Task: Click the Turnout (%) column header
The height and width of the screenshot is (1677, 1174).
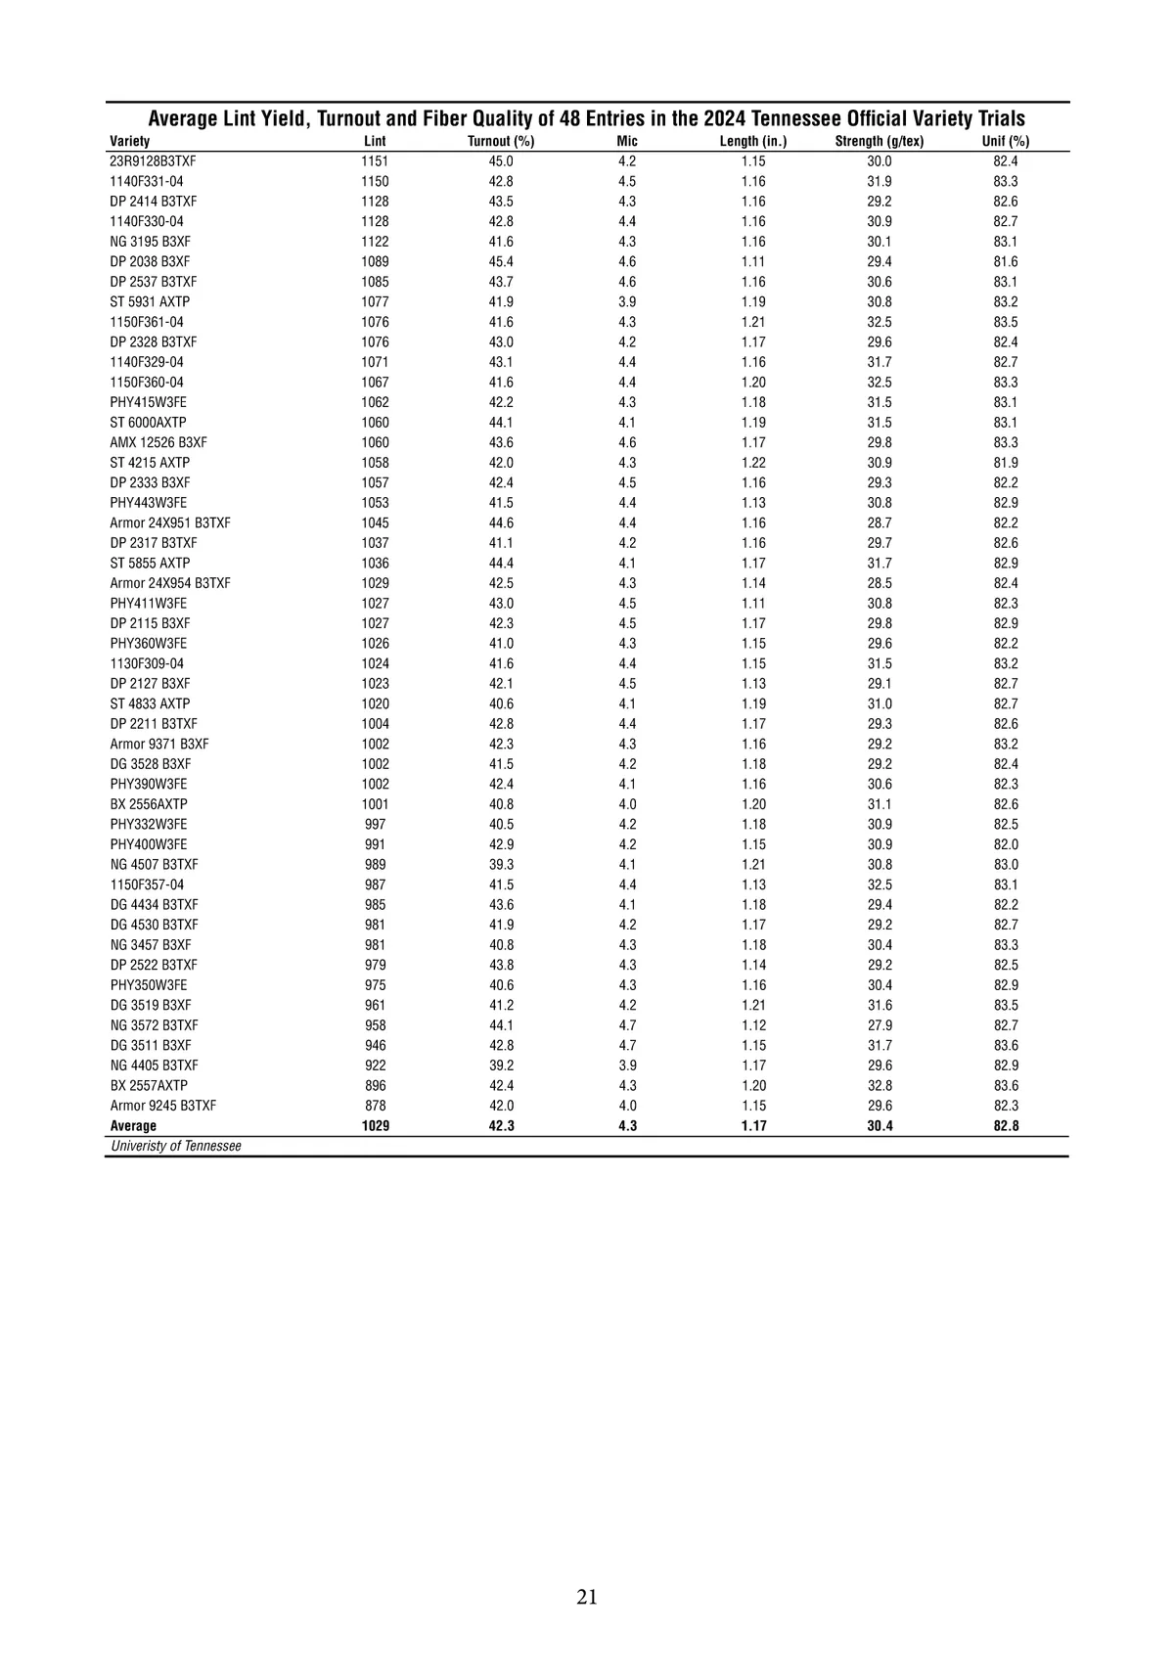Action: [501, 141]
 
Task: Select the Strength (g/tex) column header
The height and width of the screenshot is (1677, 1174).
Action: [879, 141]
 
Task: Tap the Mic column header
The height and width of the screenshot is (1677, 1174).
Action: [627, 141]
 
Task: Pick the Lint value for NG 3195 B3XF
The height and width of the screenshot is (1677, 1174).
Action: [375, 242]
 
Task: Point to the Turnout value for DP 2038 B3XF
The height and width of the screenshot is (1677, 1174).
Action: [501, 261]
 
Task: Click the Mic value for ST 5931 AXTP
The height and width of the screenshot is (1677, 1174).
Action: [627, 301]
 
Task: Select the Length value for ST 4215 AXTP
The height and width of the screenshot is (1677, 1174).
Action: [753, 463]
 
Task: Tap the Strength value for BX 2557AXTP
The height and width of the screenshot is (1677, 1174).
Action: [879, 1085]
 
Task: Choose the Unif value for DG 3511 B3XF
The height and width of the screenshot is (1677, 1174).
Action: [1006, 1045]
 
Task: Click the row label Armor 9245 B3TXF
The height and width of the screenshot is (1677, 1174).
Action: [163, 1106]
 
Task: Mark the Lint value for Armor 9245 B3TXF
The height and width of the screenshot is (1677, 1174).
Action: [375, 1106]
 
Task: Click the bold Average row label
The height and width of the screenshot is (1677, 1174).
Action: [133, 1126]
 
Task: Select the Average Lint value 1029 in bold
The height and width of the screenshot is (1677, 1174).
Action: [375, 1126]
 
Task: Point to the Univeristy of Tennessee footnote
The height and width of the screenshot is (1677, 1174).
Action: [176, 1146]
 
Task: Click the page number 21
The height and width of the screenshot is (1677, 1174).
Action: [587, 1597]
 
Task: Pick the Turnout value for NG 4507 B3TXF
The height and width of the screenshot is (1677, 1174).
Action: [501, 865]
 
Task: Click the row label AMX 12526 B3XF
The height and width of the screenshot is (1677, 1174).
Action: [158, 442]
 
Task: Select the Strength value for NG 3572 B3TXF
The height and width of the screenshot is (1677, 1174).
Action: [879, 1025]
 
